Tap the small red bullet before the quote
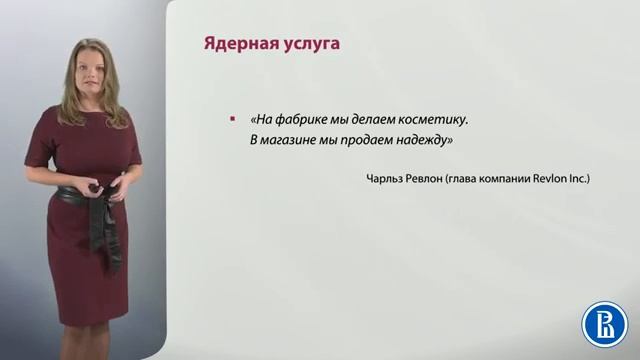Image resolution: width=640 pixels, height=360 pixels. click(233, 120)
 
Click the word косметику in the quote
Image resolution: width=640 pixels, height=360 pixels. click(435, 120)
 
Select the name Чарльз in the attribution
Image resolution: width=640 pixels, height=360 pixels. click(387, 179)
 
